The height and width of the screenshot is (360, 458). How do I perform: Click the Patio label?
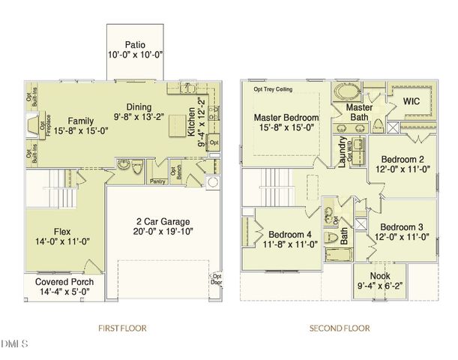click(x=135, y=44)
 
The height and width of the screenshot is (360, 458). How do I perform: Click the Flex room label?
click(x=61, y=221)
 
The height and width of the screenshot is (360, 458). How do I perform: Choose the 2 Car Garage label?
click(x=157, y=221)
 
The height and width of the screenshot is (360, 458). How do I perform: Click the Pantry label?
click(x=157, y=181)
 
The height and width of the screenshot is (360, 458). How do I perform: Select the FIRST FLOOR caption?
click(x=122, y=328)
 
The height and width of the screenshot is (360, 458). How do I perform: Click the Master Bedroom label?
click(x=286, y=118)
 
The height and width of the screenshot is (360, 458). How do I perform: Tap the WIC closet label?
click(x=412, y=100)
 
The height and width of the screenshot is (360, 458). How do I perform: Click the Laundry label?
click(x=342, y=151)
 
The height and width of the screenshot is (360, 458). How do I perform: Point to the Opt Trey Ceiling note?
click(x=273, y=88)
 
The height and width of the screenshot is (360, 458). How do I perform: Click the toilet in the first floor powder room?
click(x=137, y=170)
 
